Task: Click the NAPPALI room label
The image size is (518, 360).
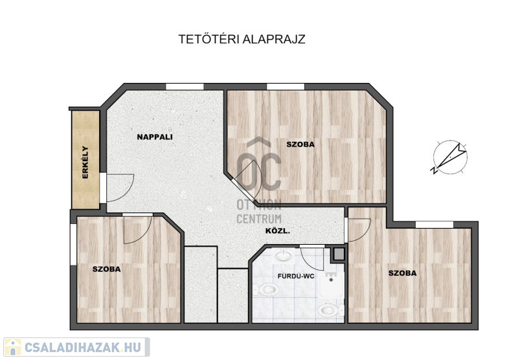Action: tap(155, 137)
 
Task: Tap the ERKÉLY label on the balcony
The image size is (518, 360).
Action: tap(85, 162)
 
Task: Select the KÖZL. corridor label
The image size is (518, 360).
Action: tap(278, 231)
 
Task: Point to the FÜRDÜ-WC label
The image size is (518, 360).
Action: tap(296, 276)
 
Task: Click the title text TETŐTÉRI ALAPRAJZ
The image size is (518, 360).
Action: tap(242, 39)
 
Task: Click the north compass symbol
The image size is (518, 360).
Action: tap(450, 157)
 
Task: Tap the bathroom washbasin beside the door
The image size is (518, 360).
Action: tap(284, 255)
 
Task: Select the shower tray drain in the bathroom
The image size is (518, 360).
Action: tap(331, 280)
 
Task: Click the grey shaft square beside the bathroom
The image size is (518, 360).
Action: tap(338, 254)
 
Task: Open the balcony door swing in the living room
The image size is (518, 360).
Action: tap(120, 188)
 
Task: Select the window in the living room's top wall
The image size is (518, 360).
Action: tap(185, 87)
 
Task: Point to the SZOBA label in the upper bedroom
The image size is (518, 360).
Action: tap(300, 144)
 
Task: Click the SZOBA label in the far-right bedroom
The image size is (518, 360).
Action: tap(402, 273)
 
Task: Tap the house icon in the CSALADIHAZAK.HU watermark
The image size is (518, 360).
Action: tap(12, 347)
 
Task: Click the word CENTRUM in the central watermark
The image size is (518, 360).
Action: tap(259, 219)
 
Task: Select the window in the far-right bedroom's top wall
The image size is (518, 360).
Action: tap(434, 225)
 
